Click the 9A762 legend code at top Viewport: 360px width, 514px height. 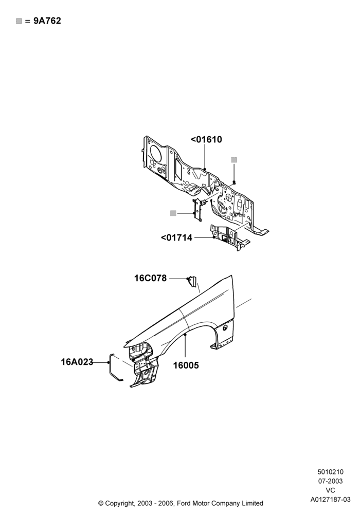47,21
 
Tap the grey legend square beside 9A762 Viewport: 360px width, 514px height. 19,21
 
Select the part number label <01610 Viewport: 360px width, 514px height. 206,139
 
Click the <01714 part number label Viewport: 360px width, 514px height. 176,237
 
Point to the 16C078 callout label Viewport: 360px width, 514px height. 151,278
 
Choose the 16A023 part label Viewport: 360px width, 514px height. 77,362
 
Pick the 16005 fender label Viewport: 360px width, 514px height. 186,365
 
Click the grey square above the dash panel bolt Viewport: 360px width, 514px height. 234,160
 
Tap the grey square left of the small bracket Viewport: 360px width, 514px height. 173,213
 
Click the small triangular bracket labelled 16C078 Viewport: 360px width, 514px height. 192,282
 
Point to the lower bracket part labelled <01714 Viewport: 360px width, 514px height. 229,237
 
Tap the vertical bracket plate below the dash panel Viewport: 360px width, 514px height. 197,210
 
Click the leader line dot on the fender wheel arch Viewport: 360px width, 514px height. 185,334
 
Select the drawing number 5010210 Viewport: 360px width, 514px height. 331,472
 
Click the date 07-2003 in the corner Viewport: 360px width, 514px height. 331,481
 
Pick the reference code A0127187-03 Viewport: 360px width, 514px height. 331,499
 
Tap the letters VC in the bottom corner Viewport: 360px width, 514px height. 331,490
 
